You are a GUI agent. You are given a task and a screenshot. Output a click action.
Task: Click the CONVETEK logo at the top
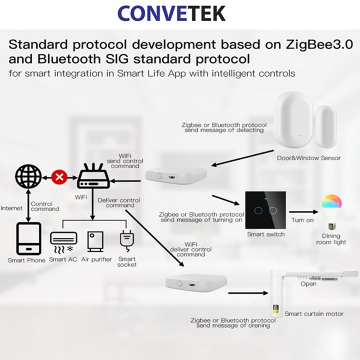(171, 13)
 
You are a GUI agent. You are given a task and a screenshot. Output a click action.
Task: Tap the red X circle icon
(60, 177)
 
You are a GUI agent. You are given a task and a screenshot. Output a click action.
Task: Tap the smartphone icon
(29, 239)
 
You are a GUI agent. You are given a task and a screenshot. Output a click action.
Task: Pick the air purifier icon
(95, 242)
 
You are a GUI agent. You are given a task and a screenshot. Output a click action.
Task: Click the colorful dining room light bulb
(331, 212)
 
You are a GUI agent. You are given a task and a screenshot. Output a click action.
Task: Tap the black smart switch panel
(266, 210)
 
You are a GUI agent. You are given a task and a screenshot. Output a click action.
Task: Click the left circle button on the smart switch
(258, 210)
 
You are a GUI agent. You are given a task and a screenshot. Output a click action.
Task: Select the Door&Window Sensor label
(308, 158)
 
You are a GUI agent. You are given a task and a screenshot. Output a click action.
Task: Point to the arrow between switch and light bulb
(304, 212)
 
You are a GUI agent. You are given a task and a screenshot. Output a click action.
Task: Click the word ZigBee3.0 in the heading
(319, 44)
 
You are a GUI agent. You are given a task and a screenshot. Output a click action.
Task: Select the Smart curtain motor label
(314, 314)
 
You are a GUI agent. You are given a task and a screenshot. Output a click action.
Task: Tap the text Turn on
(302, 220)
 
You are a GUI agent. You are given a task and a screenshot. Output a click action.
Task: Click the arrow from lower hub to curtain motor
(248, 293)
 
